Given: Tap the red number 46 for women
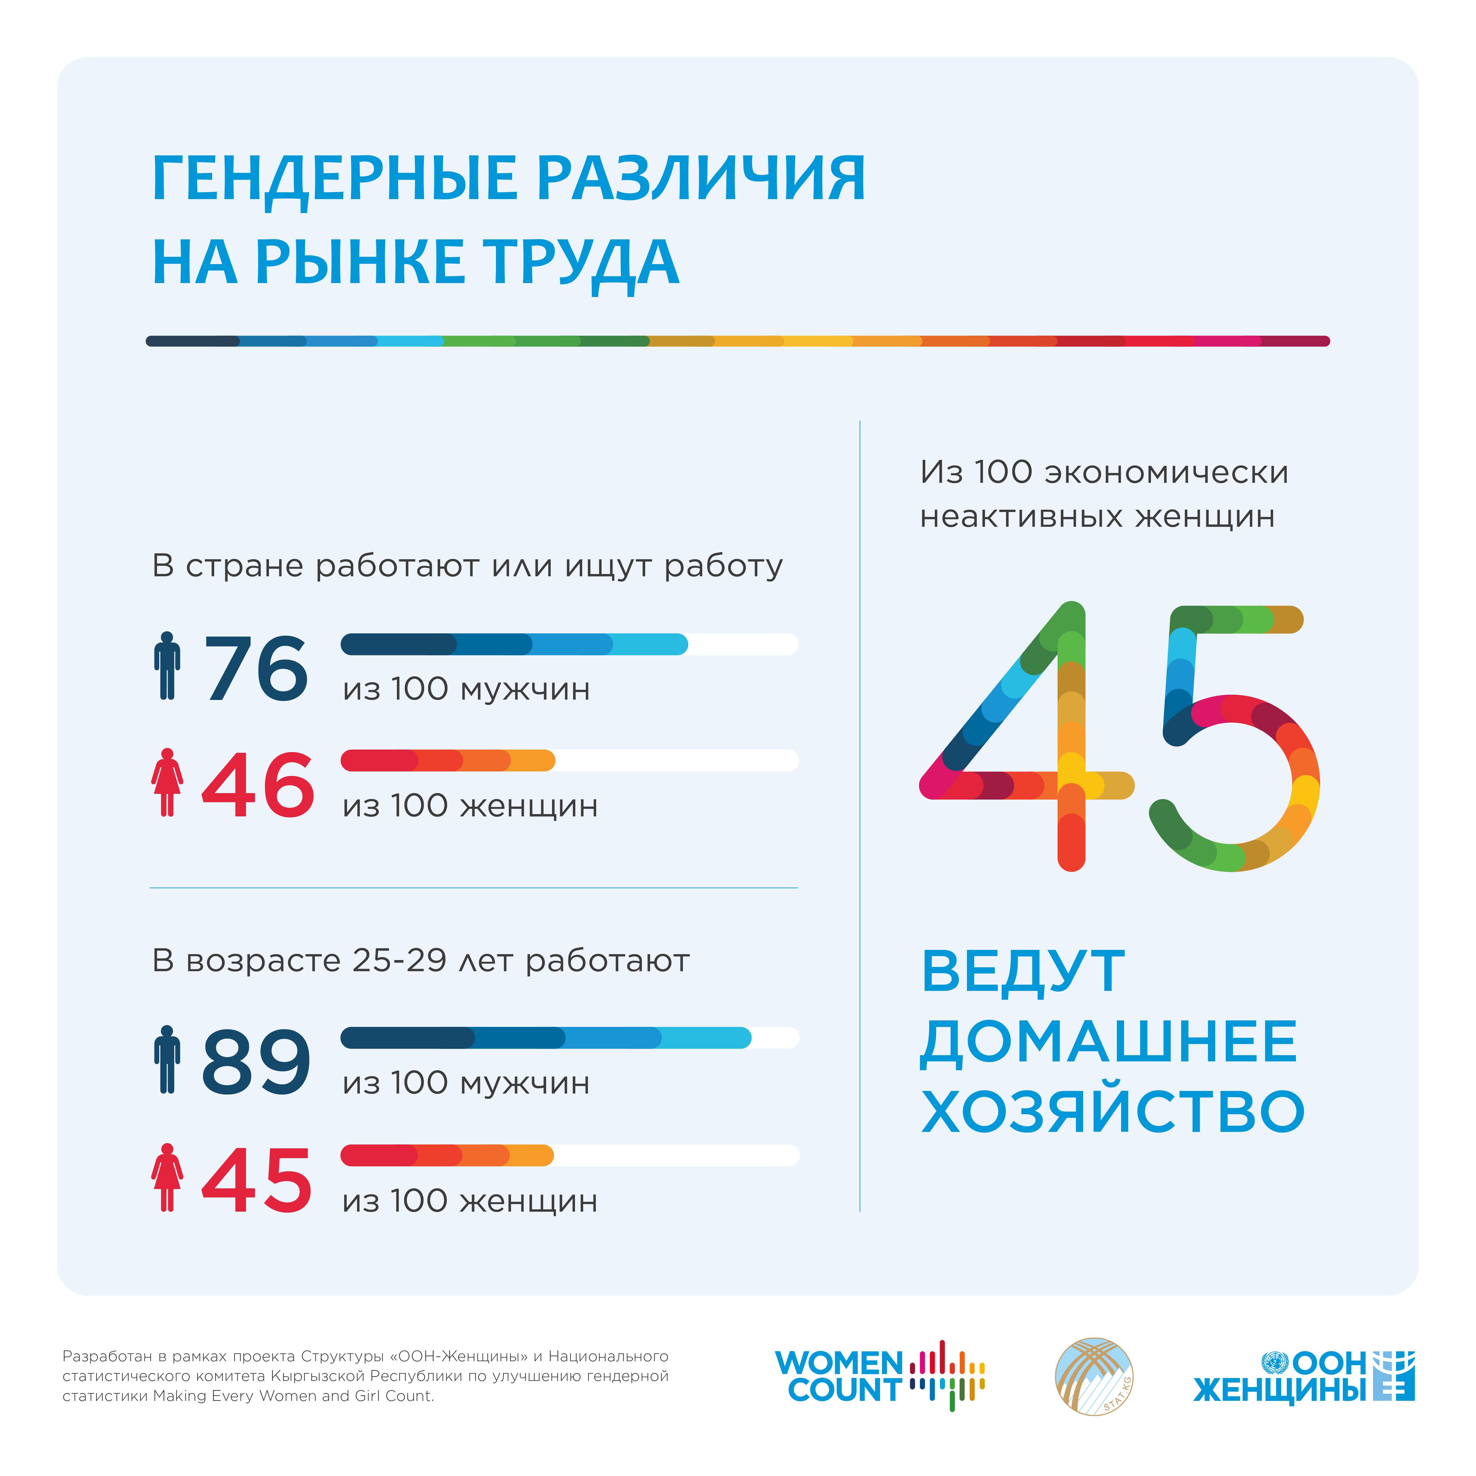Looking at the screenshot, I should click(257, 785).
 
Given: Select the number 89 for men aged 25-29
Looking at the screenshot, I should click(256, 1062).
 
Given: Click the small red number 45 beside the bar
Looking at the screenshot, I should click(256, 1180).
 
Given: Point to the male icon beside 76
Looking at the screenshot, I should click(167, 666).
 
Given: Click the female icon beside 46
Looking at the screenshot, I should click(167, 782).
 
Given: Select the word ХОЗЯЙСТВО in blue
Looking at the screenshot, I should click(1112, 1112).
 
